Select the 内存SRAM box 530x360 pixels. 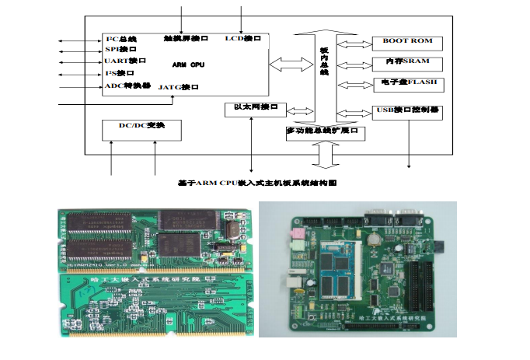coord(406,61)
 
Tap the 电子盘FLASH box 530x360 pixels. coord(406,82)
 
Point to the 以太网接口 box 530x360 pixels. coord(255,107)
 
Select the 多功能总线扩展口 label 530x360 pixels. coord(325,131)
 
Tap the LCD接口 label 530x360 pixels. coord(242,38)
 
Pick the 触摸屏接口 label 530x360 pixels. coord(187,38)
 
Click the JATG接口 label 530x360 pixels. coord(179,88)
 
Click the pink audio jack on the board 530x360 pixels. coord(296,234)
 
